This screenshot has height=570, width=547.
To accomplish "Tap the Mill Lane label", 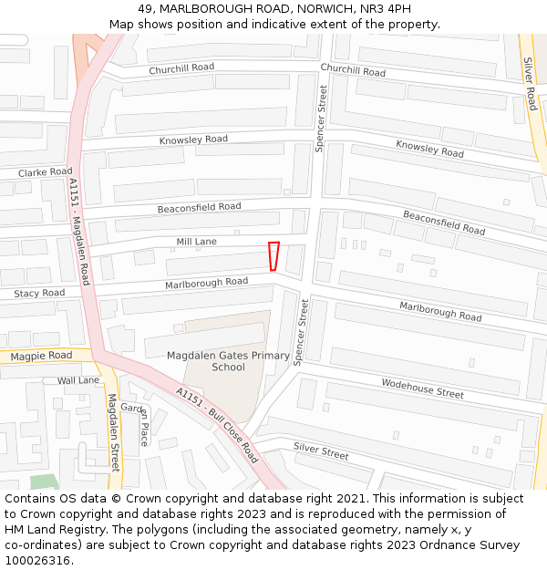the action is [196, 242].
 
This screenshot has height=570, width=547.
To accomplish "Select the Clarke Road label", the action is [45, 171].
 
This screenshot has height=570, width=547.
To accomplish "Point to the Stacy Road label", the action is [39, 294].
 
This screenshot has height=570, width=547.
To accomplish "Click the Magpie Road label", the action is [41, 355].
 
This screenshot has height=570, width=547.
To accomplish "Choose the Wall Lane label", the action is [77, 380].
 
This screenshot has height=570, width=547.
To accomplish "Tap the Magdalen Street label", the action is [113, 432].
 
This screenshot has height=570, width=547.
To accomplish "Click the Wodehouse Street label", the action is [422, 388].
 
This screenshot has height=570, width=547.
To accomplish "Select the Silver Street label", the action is [321, 451].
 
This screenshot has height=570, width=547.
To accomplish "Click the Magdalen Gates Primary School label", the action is [228, 361].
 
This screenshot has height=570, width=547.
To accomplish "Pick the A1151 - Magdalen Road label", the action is [79, 232].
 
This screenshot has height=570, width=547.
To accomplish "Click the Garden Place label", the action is [139, 424].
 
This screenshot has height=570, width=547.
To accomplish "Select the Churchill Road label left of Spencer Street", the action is [181, 67].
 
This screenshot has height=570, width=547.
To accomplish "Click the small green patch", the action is [42, 482].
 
